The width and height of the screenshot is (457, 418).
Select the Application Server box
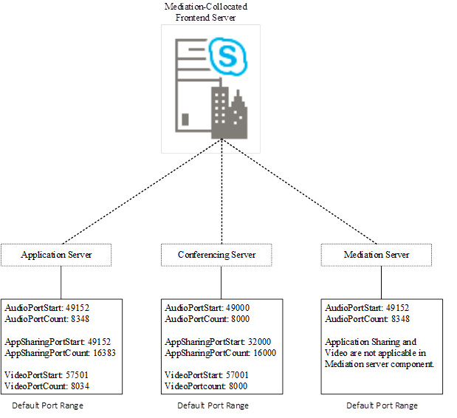(x=56, y=255)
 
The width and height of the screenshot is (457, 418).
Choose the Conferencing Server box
(x=216, y=255)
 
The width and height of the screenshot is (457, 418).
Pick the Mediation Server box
(x=377, y=255)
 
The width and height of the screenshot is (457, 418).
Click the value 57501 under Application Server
(x=76, y=376)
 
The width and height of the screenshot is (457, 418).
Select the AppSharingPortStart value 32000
(x=258, y=342)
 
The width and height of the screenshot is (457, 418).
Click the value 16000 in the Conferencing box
(x=260, y=353)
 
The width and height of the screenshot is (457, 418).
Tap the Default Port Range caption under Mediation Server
(x=382, y=405)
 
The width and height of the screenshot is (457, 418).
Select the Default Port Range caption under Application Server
(x=48, y=405)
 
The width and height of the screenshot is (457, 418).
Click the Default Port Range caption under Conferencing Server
(x=213, y=405)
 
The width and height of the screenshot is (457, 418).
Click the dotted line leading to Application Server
(x=140, y=192)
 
